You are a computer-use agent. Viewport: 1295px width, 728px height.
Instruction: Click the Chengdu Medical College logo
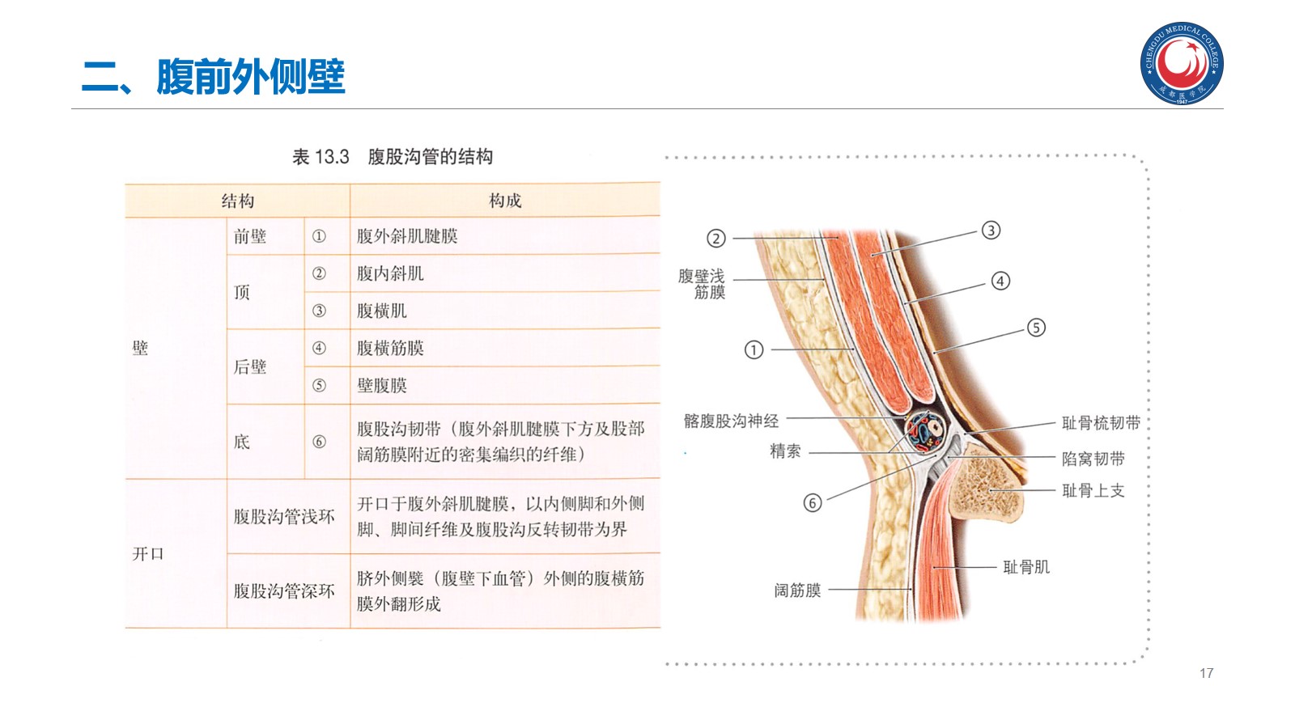[x=1182, y=64]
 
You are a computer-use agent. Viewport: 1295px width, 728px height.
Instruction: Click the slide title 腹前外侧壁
[x=250, y=78]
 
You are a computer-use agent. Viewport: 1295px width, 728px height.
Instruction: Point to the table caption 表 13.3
[x=321, y=157]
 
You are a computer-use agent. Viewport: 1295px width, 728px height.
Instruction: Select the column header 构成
[x=505, y=201]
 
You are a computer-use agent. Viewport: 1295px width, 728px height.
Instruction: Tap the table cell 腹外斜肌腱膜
[x=407, y=236]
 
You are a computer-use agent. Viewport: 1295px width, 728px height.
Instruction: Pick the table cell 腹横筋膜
[x=390, y=348]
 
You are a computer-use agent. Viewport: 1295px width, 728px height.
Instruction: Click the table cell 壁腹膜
[x=382, y=385]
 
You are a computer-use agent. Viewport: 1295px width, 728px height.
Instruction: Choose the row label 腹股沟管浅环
[x=284, y=516]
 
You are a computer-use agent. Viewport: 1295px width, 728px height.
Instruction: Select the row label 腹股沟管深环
[x=284, y=591]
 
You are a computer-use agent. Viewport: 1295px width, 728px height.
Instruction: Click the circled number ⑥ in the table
[x=319, y=442]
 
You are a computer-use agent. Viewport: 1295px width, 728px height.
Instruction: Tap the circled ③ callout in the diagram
[x=991, y=231]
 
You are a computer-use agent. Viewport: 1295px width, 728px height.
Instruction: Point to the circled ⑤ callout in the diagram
[x=1036, y=328]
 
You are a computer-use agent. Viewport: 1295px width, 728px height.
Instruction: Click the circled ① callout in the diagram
[x=754, y=349]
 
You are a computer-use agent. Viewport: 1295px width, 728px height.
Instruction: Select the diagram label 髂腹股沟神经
[x=731, y=421]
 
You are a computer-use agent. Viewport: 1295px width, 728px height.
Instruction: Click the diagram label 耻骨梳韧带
[x=1101, y=422]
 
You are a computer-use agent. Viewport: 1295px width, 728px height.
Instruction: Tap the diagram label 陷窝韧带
[x=1093, y=459]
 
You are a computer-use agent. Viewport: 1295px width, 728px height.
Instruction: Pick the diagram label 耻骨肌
[x=1026, y=567]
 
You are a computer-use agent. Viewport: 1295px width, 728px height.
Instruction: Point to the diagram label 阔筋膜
[x=797, y=590]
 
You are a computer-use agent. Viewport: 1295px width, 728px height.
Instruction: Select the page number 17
[x=1206, y=673]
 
